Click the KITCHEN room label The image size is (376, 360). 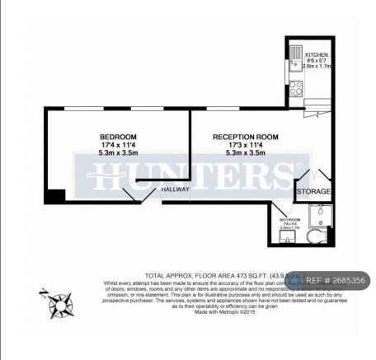tap(317, 54)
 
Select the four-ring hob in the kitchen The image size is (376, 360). tap(296, 87)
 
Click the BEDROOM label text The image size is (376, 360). tap(118, 136)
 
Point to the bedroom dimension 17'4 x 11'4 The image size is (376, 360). tap(118, 144)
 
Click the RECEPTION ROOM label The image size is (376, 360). tap(245, 136)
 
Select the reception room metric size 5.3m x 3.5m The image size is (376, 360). tap(245, 152)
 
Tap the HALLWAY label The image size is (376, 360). tap(176, 189)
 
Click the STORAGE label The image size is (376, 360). tap(313, 192)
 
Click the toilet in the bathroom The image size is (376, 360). tap(314, 237)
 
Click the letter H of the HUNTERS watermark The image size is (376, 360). tap(103, 175)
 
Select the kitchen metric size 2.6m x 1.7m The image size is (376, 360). tap(317, 67)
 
